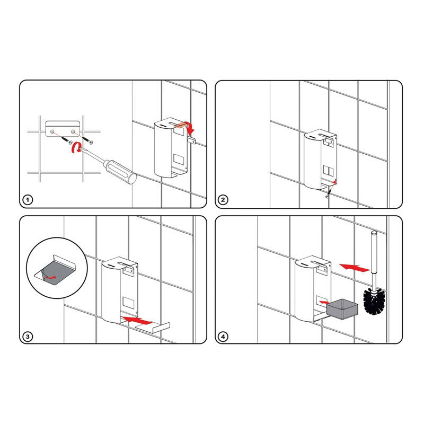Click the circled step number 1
pyautogui.click(x=28, y=200)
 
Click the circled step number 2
pyautogui.click(x=223, y=200)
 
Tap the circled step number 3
pyautogui.click(x=28, y=337)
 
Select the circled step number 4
pyautogui.click(x=223, y=337)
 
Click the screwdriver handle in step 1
pyautogui.click(x=120, y=171)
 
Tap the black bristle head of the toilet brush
pyautogui.click(x=375, y=301)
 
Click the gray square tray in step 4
pyautogui.click(x=342, y=309)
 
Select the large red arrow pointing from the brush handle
pyautogui.click(x=355, y=268)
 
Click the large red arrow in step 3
pyautogui.click(x=137, y=321)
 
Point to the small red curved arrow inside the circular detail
pyautogui.click(x=50, y=277)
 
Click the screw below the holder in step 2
pyautogui.click(x=329, y=193)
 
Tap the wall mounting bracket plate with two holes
pyautogui.click(x=63, y=129)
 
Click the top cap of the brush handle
pyautogui.click(x=374, y=232)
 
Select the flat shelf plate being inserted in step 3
pyautogui.click(x=153, y=328)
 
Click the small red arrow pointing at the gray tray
pyautogui.click(x=324, y=302)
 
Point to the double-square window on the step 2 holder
pyautogui.click(x=328, y=171)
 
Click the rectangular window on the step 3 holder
pyautogui.click(x=128, y=302)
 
